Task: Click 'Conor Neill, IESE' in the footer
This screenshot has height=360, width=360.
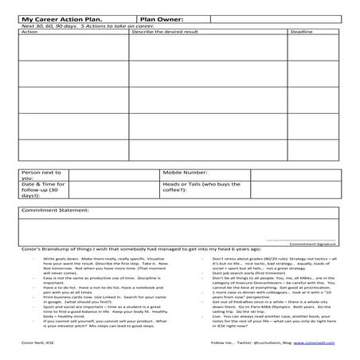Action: tap(35, 342)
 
